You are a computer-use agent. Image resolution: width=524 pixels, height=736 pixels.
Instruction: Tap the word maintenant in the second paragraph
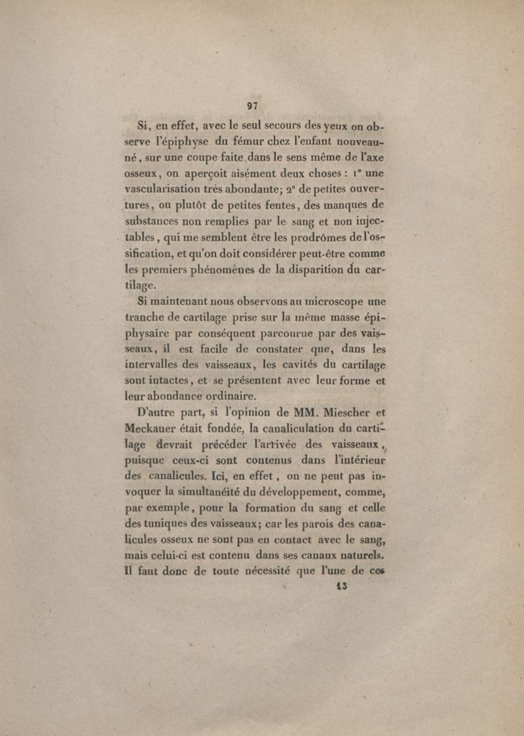pos(180,301)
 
